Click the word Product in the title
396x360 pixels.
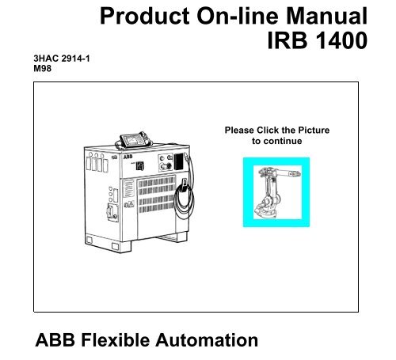tap(145, 16)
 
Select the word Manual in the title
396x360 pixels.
tap(326, 16)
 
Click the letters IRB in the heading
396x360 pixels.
tap(287, 40)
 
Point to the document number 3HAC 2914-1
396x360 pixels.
tap(62, 59)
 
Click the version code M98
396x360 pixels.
tap(42, 69)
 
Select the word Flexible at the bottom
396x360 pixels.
tap(116, 340)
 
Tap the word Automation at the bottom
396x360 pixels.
tap(207, 340)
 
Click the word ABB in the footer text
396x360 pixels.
tap(55, 340)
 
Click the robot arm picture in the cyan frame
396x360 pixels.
tap(276, 192)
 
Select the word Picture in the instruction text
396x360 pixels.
tap(314, 130)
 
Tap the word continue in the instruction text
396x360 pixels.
tap(283, 141)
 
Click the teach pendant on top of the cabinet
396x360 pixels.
tap(135, 140)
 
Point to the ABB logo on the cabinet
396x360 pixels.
tap(128, 157)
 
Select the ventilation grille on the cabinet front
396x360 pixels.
tap(157, 195)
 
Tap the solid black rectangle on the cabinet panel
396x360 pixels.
tap(178, 161)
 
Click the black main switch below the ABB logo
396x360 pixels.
tap(140, 165)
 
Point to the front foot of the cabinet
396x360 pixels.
tap(121, 247)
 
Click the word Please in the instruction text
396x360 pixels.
tap(239, 130)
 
